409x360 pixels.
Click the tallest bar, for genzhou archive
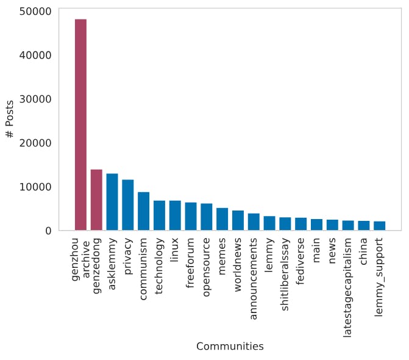[x=80, y=125]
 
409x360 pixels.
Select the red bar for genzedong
[x=96, y=200]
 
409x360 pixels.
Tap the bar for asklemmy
[x=112, y=202]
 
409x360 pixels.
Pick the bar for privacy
[x=128, y=205]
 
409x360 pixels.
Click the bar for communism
[x=143, y=211]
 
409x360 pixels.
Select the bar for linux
[x=175, y=215]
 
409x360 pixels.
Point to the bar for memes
[x=222, y=219]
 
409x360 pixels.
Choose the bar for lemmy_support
[x=379, y=226]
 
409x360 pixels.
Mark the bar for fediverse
[x=301, y=224]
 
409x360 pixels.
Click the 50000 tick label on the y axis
[x=35, y=11]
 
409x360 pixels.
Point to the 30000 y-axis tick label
[x=35, y=99]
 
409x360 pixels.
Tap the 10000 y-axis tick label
[x=35, y=187]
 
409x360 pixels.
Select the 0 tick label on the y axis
[x=48, y=231]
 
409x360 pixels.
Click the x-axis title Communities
[x=230, y=347]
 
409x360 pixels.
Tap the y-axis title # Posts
[x=10, y=120]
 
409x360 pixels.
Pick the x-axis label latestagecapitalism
[x=348, y=278]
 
